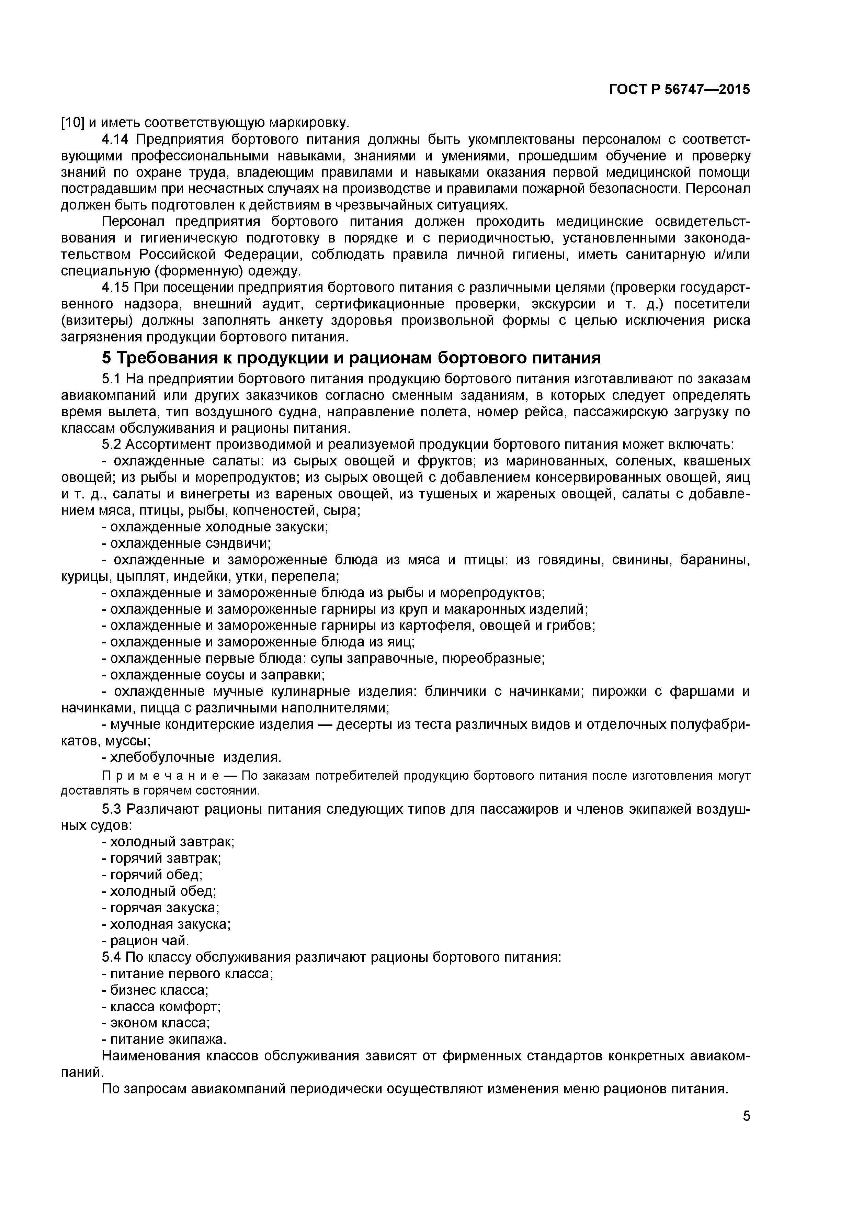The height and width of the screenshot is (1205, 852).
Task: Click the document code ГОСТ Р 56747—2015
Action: point(679,90)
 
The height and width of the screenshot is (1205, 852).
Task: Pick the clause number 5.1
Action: point(112,379)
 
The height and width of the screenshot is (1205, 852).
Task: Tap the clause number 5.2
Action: point(112,444)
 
